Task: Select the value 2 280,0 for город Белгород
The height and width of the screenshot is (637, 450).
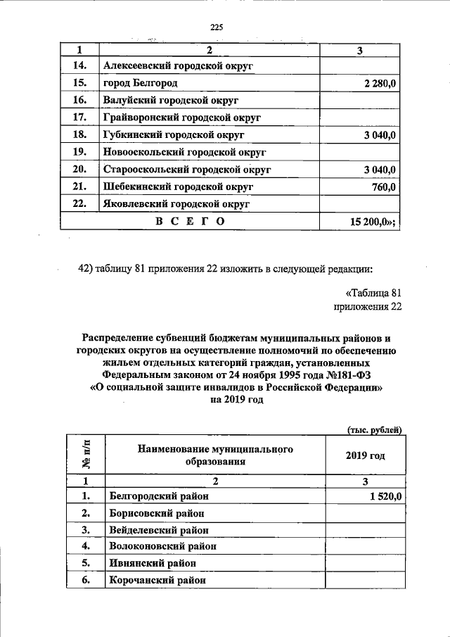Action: pos(380,84)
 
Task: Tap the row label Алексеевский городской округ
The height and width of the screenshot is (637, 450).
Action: pos(178,66)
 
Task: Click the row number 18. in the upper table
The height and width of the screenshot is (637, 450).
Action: pos(79,134)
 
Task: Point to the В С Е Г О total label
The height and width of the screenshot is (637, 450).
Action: pos(190,221)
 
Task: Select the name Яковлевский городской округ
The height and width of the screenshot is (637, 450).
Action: pos(176,204)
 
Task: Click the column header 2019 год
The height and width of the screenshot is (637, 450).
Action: pos(365,455)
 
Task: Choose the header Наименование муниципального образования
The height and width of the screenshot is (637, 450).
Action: pos(215,455)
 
